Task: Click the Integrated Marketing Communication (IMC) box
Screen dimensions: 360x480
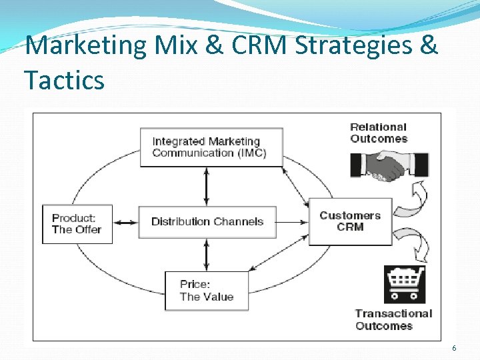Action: (211, 147)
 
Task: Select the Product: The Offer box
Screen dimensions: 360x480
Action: (77, 224)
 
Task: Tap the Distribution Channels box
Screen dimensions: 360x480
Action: (207, 222)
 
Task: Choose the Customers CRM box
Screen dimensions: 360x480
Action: (350, 221)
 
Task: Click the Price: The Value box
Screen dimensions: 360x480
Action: (207, 291)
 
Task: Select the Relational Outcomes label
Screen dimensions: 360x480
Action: (379, 133)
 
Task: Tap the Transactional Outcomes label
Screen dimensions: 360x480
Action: (393, 319)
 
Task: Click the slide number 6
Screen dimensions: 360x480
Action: (454, 348)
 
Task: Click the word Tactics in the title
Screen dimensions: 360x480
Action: (64, 81)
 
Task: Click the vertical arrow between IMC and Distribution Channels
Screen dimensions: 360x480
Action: (207, 186)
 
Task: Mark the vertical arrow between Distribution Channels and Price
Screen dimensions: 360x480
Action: (207, 255)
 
